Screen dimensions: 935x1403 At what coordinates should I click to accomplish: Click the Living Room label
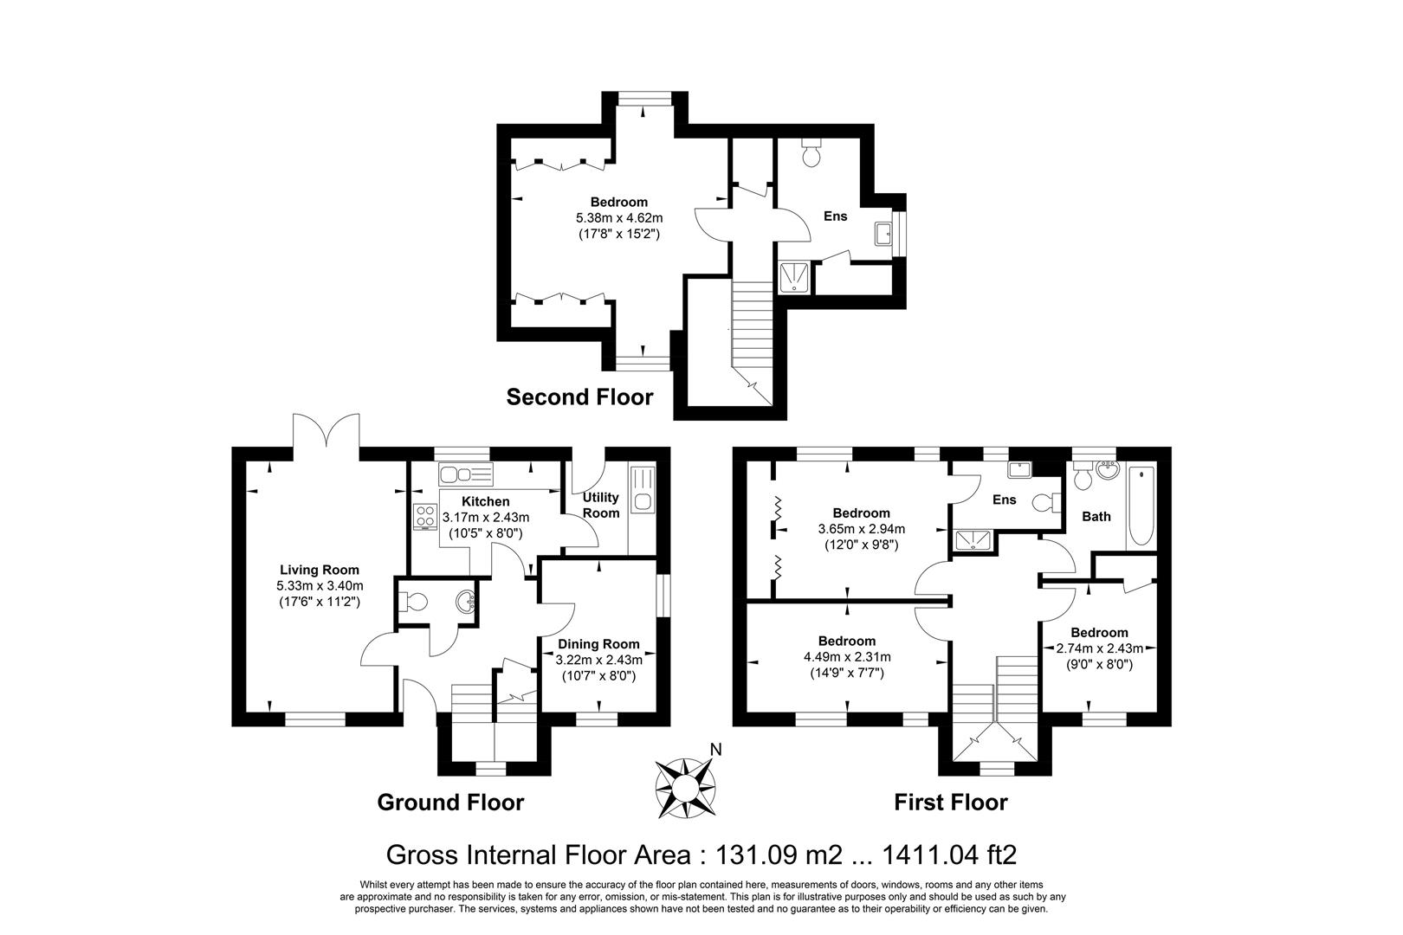point(319,570)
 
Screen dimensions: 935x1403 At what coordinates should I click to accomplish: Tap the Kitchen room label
point(485,502)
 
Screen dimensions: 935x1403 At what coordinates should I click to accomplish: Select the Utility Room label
point(601,505)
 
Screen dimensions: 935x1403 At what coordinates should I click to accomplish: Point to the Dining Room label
point(598,644)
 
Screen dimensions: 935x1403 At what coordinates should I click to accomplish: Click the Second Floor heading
point(579,397)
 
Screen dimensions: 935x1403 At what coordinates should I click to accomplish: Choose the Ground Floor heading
point(450,803)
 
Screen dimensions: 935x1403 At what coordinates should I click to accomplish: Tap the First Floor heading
point(950,803)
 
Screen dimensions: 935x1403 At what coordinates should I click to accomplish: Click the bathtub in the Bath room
point(1141,506)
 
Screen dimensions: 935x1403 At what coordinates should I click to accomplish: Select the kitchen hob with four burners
point(425,516)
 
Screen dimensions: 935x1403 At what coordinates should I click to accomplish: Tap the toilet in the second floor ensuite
point(812,153)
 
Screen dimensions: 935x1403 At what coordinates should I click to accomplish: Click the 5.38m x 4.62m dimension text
point(618,218)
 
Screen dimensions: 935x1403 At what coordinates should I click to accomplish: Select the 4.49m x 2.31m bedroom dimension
point(846,656)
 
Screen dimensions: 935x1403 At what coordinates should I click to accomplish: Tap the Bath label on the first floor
point(1096,517)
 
